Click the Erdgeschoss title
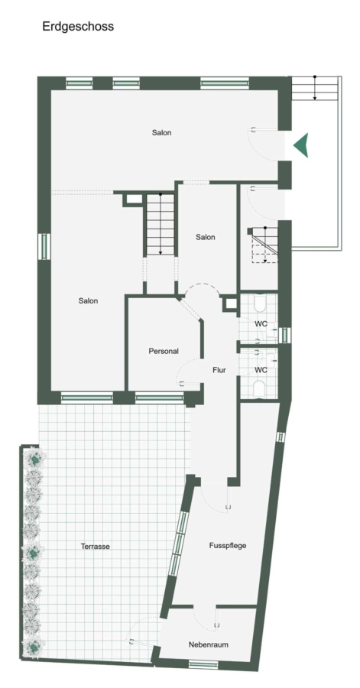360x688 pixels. tap(78, 26)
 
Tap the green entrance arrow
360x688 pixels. tap(302, 144)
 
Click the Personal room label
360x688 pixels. tap(164, 351)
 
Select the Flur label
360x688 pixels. tap(219, 370)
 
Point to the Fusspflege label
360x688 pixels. tap(228, 546)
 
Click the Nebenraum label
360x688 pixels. tap(209, 644)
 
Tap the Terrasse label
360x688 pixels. tap(95, 547)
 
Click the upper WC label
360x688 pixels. tap(261, 324)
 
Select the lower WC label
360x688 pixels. tap(261, 370)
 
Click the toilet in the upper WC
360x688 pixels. tap(259, 301)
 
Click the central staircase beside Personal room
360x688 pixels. tap(161, 224)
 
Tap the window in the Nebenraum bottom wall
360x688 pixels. tap(203, 664)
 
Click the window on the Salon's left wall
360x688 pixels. tap(44, 246)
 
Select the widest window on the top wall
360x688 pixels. tap(225, 83)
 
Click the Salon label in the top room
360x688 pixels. tap(162, 132)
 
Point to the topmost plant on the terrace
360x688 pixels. tap(34, 459)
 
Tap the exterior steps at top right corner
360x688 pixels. tap(315, 88)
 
